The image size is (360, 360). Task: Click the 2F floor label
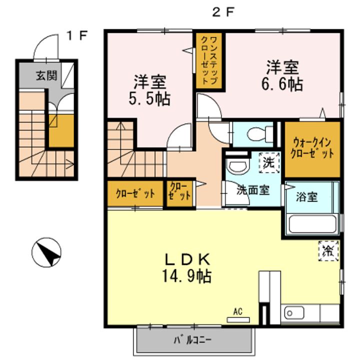(222, 12)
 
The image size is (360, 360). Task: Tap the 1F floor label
(77, 36)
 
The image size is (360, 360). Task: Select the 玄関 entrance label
(46, 75)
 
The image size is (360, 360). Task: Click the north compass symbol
(46, 252)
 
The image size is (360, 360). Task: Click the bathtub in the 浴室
(312, 223)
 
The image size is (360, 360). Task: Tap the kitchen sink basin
(294, 313)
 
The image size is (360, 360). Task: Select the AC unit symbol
(238, 319)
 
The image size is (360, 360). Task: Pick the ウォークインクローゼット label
(312, 148)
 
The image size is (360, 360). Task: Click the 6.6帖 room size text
(282, 84)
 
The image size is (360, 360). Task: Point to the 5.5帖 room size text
(149, 99)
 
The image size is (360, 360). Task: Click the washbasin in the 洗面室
(237, 165)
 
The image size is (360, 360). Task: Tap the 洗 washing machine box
(269, 162)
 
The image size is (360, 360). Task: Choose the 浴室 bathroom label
(306, 197)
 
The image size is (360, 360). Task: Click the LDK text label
(187, 259)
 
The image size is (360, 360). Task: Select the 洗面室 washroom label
(253, 190)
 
